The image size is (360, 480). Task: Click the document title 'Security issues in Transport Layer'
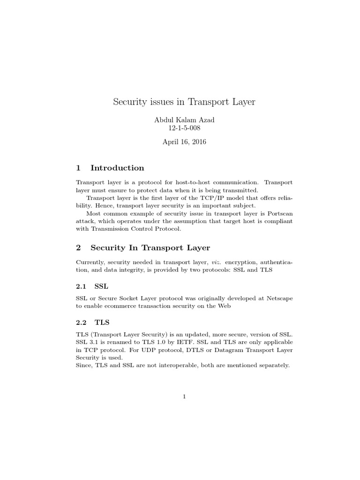184,102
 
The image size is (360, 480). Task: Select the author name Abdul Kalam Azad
184,120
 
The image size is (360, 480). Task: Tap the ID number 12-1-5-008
184,128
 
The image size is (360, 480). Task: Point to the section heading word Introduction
117,168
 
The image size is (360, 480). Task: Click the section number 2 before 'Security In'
78,247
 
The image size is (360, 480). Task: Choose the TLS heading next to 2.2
102,322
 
